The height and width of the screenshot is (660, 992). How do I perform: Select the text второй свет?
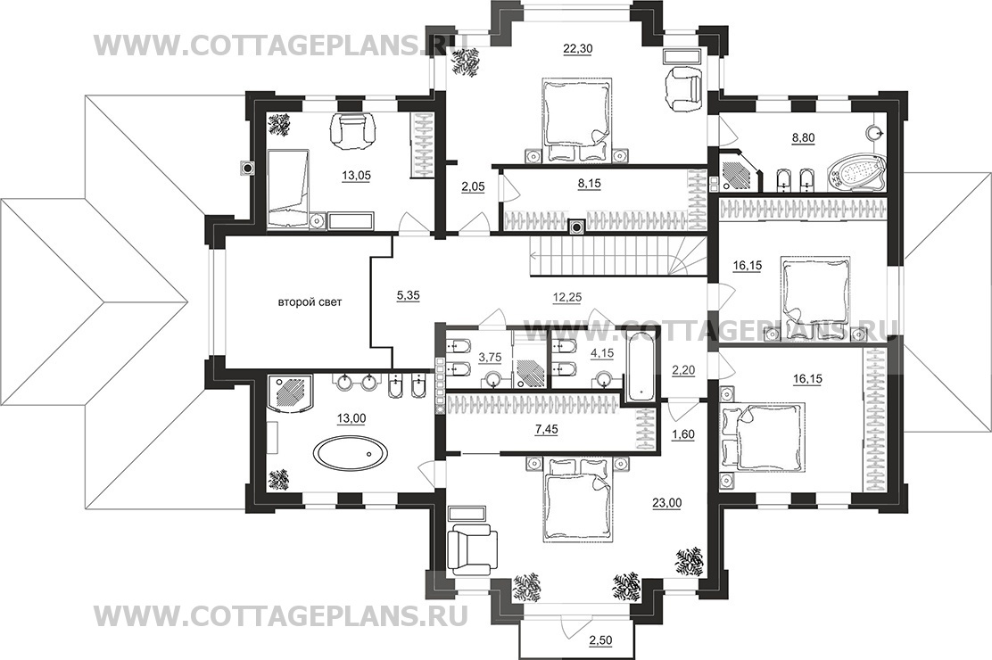coord(310,302)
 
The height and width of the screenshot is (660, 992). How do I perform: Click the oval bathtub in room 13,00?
coord(345,454)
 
